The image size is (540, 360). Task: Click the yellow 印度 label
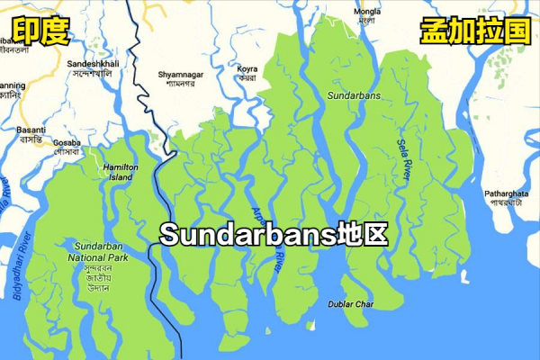pyautogui.click(x=40, y=33)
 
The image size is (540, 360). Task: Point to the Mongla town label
pyautogui.click(x=365, y=12)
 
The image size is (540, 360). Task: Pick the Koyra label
pyautogui.click(x=247, y=68)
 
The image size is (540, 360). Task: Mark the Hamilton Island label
pyautogui.click(x=120, y=172)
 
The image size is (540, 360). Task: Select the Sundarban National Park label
pyautogui.click(x=104, y=251)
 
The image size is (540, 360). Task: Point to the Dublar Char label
pyautogui.click(x=351, y=304)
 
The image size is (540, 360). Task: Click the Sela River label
pyautogui.click(x=403, y=158)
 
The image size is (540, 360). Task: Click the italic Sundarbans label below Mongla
pyautogui.click(x=354, y=94)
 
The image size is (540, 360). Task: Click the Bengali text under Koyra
pyautogui.click(x=247, y=77)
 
